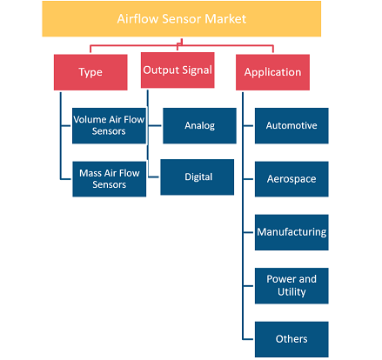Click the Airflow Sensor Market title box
(182, 19)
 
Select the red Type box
(90, 72)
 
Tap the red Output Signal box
(178, 70)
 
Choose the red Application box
(272, 72)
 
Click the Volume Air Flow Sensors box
(109, 126)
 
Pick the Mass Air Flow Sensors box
(110, 179)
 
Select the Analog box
(199, 126)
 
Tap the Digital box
(198, 177)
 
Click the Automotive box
(292, 126)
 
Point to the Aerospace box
(292, 179)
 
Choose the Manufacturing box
(292, 232)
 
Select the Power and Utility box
(292, 286)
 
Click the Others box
(292, 339)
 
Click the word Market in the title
(225, 19)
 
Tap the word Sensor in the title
(182, 19)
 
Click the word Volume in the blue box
(90, 119)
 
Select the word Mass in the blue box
(90, 173)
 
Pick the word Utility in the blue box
(292, 291)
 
